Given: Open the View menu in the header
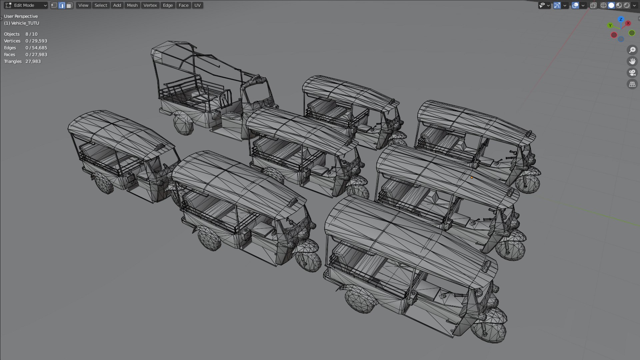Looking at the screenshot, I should pyautogui.click(x=83, y=5).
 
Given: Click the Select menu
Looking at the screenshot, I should pyautogui.click(x=101, y=5).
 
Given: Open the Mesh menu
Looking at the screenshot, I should pyautogui.click(x=132, y=5).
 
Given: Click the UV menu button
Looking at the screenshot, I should pyautogui.click(x=197, y=5).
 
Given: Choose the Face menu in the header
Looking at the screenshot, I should pyautogui.click(x=183, y=5).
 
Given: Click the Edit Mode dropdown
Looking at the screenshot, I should pyautogui.click(x=26, y=5).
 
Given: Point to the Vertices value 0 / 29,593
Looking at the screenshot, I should pyautogui.click(x=36, y=41).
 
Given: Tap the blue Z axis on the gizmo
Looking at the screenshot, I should pyautogui.click(x=621, y=19).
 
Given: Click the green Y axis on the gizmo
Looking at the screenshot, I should pyautogui.click(x=610, y=25).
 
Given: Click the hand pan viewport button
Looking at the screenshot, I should pyautogui.click(x=632, y=61).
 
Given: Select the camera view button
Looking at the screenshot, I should pyautogui.click(x=632, y=73).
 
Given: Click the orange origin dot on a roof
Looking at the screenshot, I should pyautogui.click(x=472, y=178).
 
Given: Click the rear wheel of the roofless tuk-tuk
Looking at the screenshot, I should pyautogui.click(x=183, y=123).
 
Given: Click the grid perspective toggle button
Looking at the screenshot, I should pyautogui.click(x=632, y=84).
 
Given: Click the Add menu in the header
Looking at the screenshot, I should pyautogui.click(x=117, y=5).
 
